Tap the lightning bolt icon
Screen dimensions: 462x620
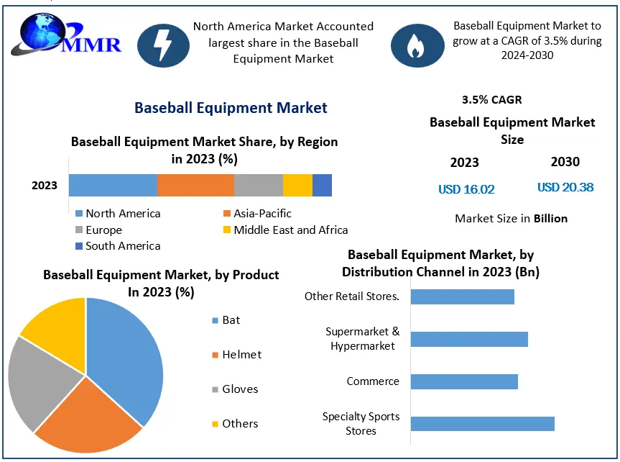tap(163, 45)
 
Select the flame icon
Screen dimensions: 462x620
tap(417, 45)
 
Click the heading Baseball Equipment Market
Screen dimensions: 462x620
tap(231, 108)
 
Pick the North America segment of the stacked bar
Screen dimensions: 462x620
tap(113, 185)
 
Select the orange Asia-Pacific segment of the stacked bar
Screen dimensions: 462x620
tap(195, 185)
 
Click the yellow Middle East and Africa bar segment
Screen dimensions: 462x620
tap(297, 185)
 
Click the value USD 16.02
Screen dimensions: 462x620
tap(466, 189)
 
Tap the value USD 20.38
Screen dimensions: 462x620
tap(565, 187)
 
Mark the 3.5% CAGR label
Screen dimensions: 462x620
tap(492, 100)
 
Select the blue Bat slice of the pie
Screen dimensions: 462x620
tap(126, 353)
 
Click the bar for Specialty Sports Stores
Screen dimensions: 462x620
tap(482, 423)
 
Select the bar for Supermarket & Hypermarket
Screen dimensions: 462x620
tap(469, 339)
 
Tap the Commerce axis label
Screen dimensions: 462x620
tap(372, 381)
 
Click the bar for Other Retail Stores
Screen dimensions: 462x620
tap(462, 296)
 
